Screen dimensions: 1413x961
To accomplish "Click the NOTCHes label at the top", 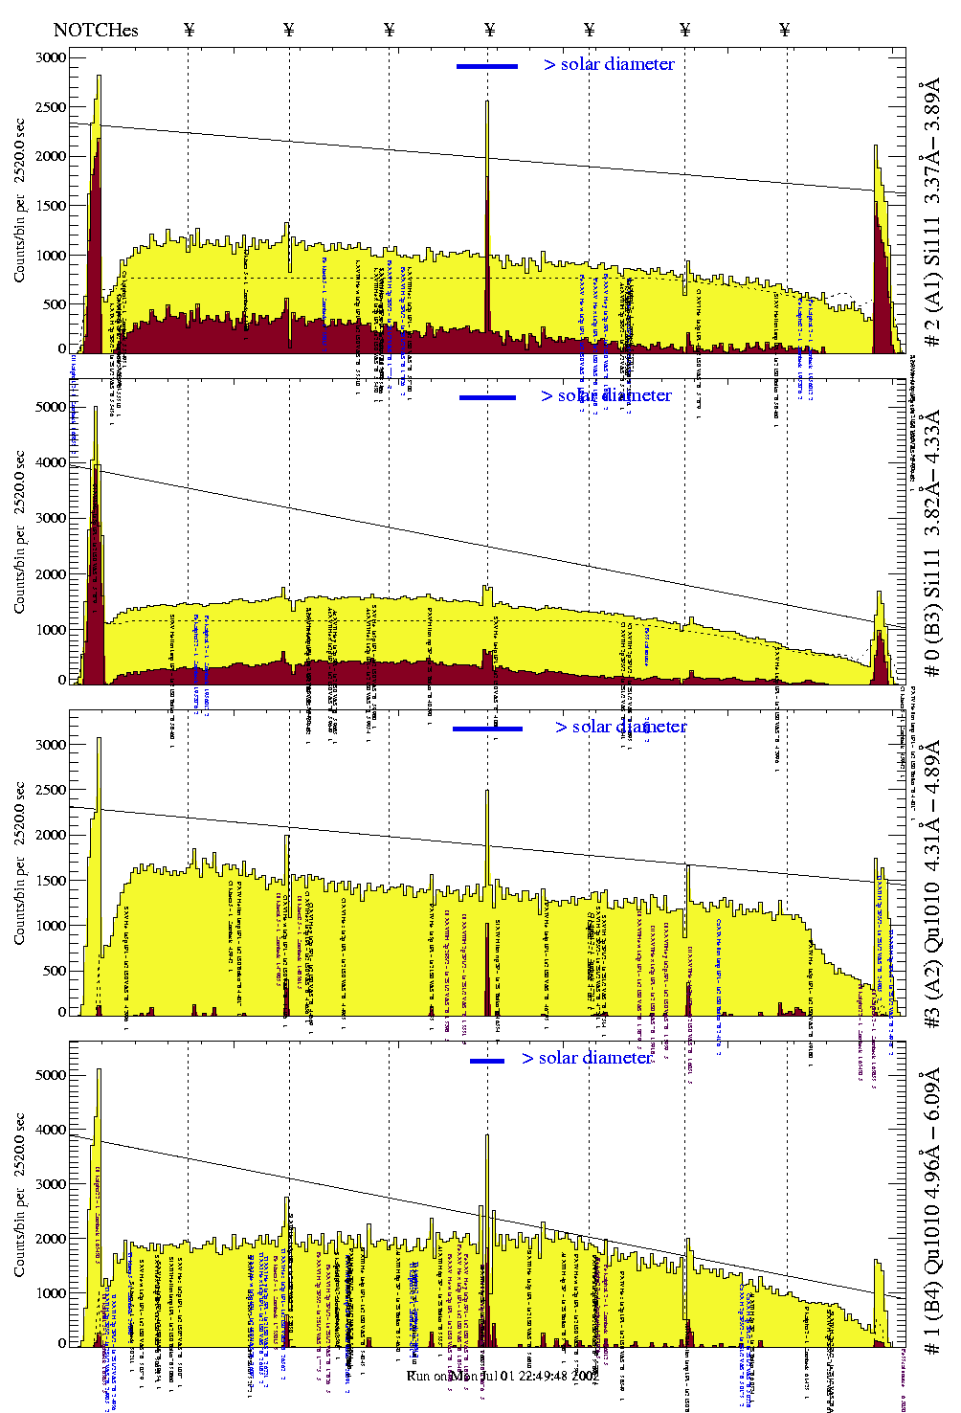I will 96,30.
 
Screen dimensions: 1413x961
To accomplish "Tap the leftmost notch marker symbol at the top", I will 189,30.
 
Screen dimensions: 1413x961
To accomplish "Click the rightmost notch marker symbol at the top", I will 785,30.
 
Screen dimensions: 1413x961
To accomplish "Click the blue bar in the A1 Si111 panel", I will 487,66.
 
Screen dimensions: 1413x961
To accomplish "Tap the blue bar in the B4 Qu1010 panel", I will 487,1061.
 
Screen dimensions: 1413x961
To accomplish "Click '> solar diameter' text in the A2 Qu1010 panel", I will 620,727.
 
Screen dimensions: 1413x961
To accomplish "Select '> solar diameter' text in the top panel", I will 609,64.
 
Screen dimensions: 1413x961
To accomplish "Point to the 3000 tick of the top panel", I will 52,57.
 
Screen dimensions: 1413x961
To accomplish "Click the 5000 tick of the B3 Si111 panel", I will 52,407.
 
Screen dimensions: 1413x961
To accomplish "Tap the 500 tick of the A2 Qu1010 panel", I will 56,971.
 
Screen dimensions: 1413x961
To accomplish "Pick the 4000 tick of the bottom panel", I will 52,1130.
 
